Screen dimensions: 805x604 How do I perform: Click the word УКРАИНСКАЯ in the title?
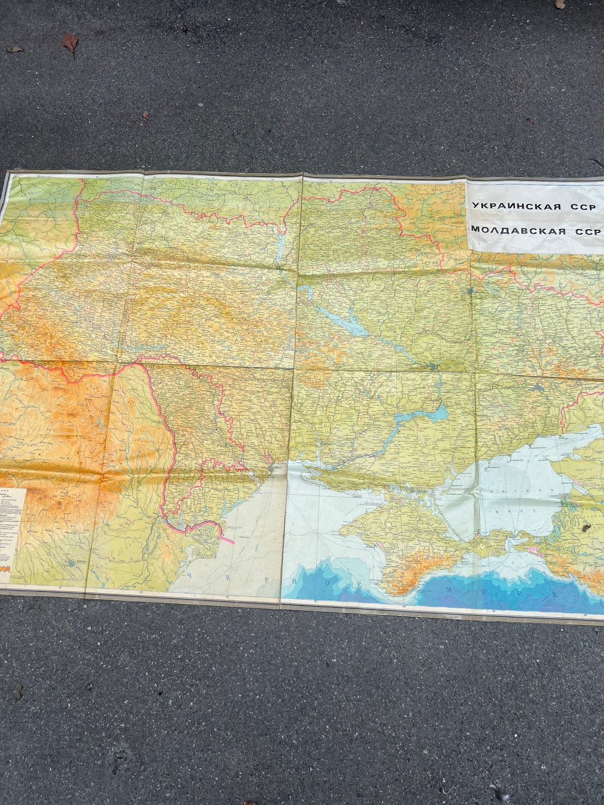click(x=516, y=206)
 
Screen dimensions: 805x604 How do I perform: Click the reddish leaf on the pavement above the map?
click(x=70, y=42)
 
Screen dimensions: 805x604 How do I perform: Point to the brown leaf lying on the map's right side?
click(x=586, y=527)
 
